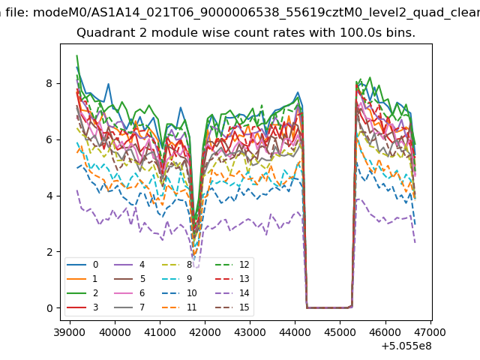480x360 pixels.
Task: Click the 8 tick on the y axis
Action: point(49,83)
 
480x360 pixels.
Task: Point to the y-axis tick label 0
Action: point(49,308)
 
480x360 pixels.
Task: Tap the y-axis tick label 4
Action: point(49,196)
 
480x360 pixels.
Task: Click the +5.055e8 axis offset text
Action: point(406,346)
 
